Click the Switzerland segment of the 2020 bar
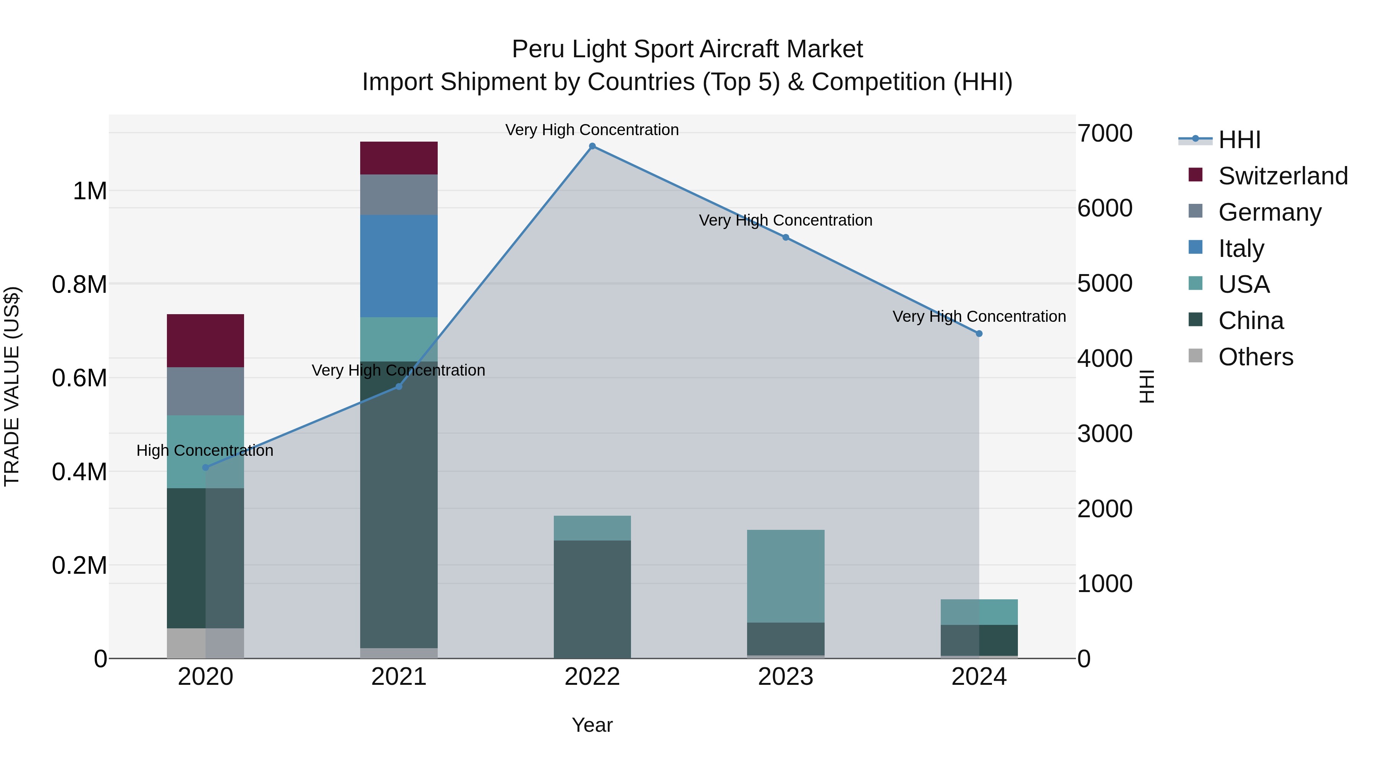[205, 341]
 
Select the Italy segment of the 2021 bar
[399, 266]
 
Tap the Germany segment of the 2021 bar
[399, 195]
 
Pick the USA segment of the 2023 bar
[786, 576]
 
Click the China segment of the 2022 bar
[592, 599]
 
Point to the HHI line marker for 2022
[592, 146]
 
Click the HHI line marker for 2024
[979, 333]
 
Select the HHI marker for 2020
[205, 467]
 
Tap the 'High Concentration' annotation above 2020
[205, 451]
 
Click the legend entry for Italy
[1241, 249]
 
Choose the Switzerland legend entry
[1283, 176]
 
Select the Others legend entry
[1255, 357]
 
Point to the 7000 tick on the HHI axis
[1104, 133]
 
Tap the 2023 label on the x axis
[786, 677]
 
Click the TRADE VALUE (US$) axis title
[12, 386]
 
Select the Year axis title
[592, 725]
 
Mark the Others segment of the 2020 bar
[205, 643]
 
